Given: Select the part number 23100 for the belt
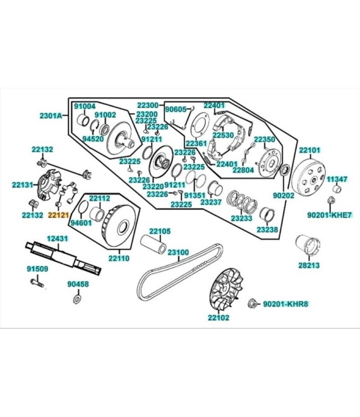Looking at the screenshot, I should click(178, 252).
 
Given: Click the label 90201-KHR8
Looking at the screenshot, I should click(285, 305).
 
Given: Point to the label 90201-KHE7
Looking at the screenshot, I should click(330, 215).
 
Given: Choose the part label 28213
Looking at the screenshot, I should click(309, 267).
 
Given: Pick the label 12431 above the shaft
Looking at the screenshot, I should click(57, 238).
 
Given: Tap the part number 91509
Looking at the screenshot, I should click(37, 269).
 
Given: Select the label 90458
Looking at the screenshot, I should click(78, 284).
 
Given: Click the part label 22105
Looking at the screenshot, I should click(159, 231).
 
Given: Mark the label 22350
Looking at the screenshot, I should click(265, 139).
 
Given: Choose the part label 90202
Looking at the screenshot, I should click(284, 196).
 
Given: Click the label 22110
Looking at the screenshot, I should click(118, 258).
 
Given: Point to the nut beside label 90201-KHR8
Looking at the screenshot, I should click(252, 304).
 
